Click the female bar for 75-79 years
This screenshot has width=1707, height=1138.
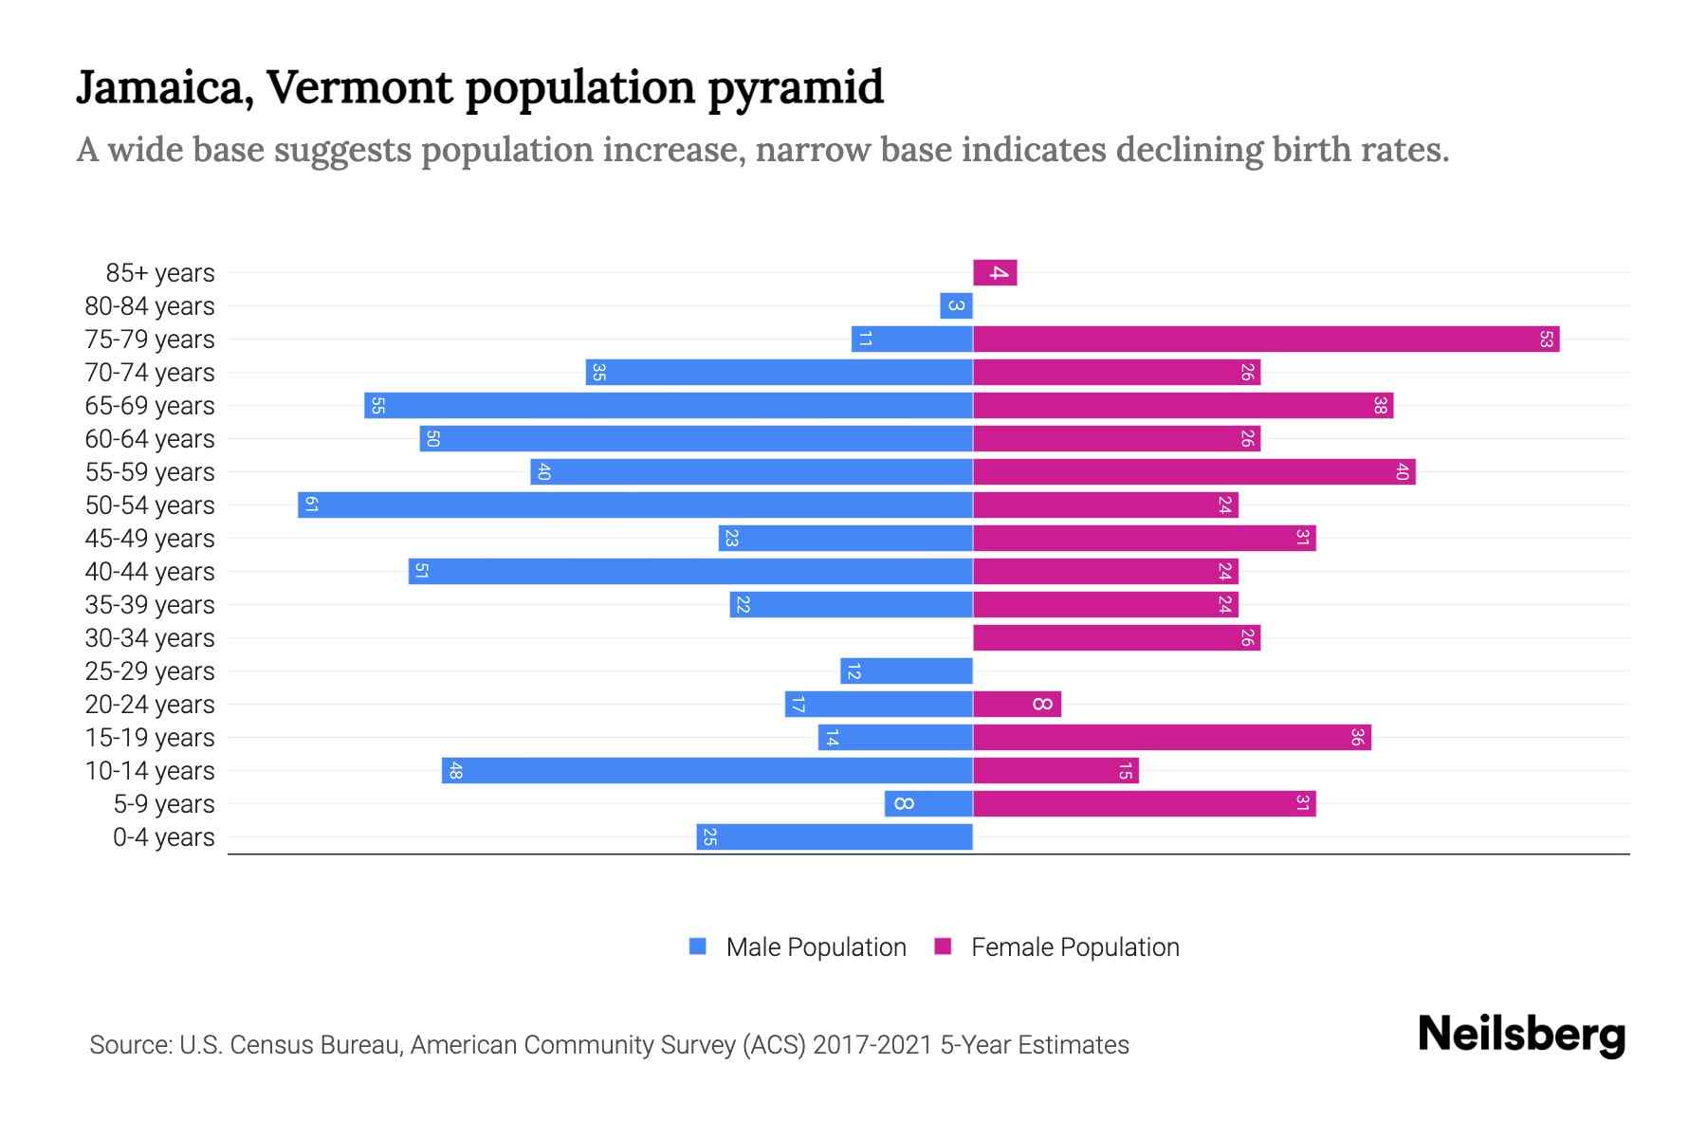point(1266,340)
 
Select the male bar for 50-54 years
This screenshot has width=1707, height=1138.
point(635,505)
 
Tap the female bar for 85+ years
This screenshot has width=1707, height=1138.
point(995,273)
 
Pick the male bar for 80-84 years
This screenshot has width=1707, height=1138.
point(956,306)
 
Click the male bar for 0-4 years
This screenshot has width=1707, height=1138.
point(835,837)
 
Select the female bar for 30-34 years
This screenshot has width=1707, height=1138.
point(1116,638)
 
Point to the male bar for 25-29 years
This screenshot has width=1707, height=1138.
point(907,671)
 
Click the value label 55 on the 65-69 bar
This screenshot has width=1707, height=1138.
point(377,406)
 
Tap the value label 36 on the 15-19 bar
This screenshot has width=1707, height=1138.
point(1357,738)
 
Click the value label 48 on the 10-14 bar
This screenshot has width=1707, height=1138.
point(455,771)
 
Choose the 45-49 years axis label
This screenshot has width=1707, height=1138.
point(150,539)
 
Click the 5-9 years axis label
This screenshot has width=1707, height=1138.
point(164,804)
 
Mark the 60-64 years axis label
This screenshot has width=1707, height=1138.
point(150,439)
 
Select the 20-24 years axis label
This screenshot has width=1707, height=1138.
point(150,705)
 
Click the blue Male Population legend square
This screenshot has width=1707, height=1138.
point(698,946)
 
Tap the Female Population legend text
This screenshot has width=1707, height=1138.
point(1074,947)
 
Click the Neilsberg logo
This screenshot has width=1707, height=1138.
point(1521,1035)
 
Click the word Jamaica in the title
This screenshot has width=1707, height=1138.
point(164,88)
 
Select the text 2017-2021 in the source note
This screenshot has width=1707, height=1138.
point(872,1045)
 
